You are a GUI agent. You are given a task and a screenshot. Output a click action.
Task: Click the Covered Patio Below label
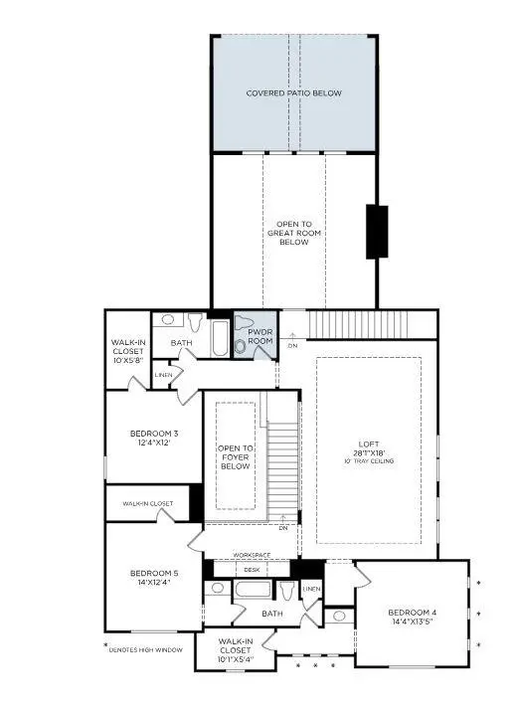click(293, 93)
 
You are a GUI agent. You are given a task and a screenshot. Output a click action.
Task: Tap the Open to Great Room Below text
click(293, 232)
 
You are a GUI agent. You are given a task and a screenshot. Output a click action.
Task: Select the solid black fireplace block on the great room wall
click(377, 232)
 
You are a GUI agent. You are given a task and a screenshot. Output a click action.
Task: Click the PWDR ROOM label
click(259, 336)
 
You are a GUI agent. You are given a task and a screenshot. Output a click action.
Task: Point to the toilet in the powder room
click(240, 347)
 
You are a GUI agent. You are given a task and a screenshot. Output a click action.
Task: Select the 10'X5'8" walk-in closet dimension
click(128, 360)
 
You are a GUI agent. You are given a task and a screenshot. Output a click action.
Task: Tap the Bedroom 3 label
click(154, 434)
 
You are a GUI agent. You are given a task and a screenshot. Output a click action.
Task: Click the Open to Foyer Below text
click(235, 457)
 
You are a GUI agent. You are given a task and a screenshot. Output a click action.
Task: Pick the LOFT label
click(369, 445)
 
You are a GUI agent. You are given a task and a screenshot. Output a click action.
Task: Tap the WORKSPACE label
click(252, 555)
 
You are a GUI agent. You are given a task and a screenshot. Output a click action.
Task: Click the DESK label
click(252, 570)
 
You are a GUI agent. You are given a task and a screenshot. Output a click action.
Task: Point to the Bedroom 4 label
click(411, 613)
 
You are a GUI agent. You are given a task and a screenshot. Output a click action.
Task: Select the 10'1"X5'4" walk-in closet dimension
click(236, 658)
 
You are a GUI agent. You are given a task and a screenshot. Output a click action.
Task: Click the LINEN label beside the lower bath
click(311, 590)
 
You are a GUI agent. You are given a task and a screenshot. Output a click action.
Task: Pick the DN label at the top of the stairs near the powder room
click(292, 345)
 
